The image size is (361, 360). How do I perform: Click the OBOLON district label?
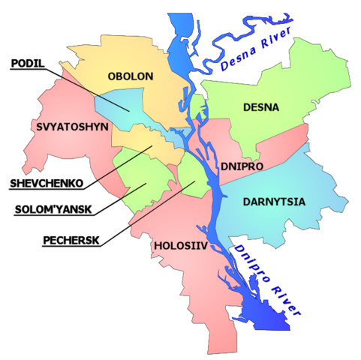point(131,76)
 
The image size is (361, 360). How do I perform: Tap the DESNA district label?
point(261,107)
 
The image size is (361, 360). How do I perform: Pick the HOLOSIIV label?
point(181,245)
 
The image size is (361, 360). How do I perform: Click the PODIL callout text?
point(28,64)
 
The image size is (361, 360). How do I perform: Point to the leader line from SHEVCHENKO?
point(113,165)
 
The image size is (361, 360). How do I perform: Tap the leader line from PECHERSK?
point(143,212)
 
